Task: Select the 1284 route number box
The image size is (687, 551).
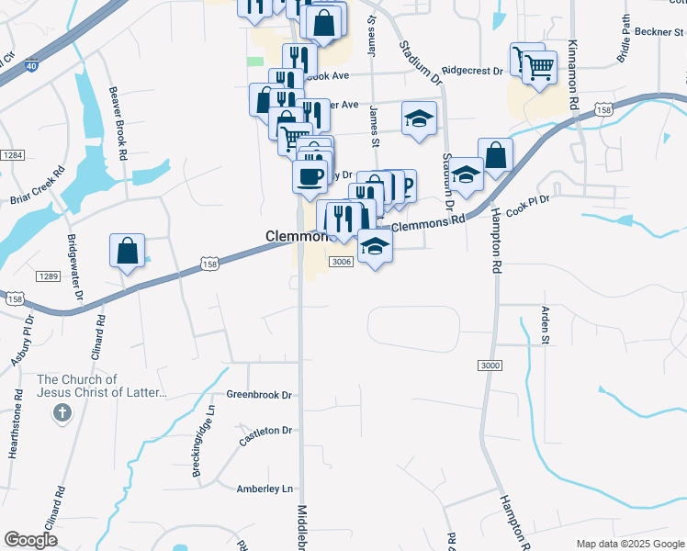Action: (11, 155)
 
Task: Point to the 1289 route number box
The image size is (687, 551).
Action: (48, 276)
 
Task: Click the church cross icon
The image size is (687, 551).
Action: (62, 413)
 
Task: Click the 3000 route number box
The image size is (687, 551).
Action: (490, 365)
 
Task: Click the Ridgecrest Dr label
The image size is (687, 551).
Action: (472, 70)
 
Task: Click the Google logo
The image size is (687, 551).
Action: (30, 540)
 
